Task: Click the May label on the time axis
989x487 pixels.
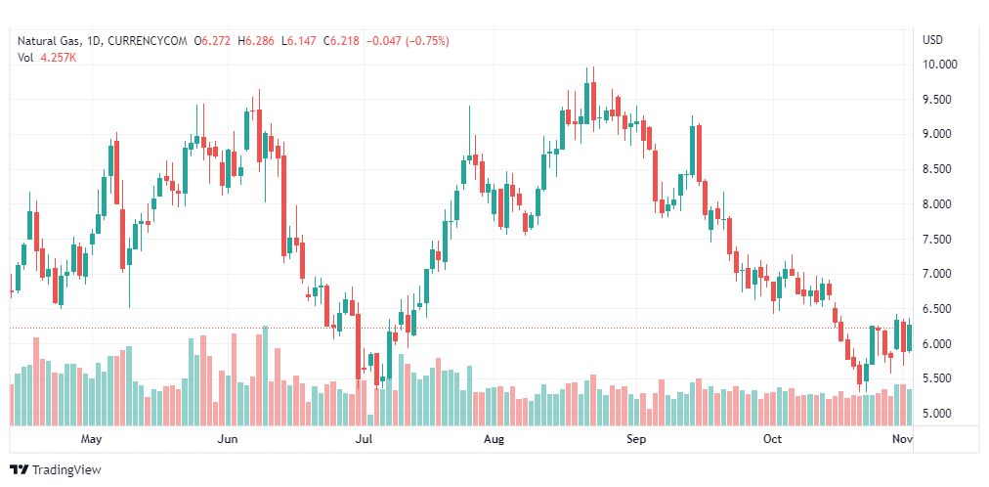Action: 92,439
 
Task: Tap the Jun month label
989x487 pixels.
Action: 228,439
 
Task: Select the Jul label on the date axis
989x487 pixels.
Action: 364,439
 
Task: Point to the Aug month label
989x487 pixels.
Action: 494,439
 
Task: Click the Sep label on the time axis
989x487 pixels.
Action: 636,439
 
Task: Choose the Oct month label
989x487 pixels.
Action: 772,439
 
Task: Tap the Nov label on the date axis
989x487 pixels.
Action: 903,439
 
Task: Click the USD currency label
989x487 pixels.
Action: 933,40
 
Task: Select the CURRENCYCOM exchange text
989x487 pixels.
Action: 149,41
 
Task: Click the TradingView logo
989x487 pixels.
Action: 57,470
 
